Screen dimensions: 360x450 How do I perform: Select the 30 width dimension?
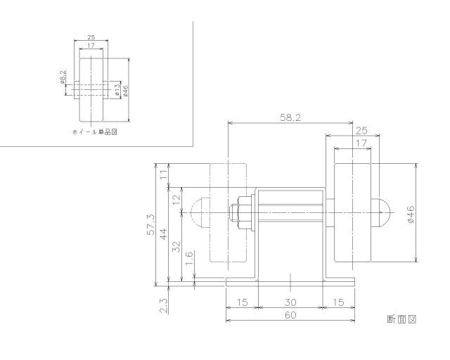pyautogui.click(x=290, y=302)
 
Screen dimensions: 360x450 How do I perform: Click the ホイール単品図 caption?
pyautogui.click(x=94, y=132)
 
